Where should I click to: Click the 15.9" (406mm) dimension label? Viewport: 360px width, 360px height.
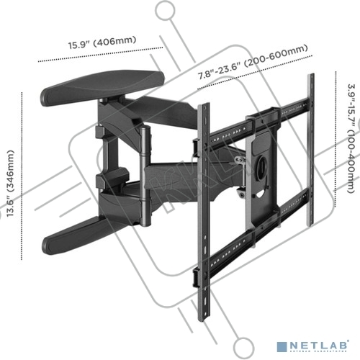102,42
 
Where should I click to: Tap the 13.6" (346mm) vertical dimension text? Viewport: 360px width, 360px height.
10,184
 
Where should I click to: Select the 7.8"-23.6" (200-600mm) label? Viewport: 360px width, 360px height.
253,62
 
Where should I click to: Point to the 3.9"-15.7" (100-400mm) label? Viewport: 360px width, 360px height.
351,138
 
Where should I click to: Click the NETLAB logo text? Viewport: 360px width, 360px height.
319,346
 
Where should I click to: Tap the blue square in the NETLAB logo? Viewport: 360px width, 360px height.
282,347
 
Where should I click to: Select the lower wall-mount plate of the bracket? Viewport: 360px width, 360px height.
79,235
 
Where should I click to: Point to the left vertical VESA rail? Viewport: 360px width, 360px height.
204,211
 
